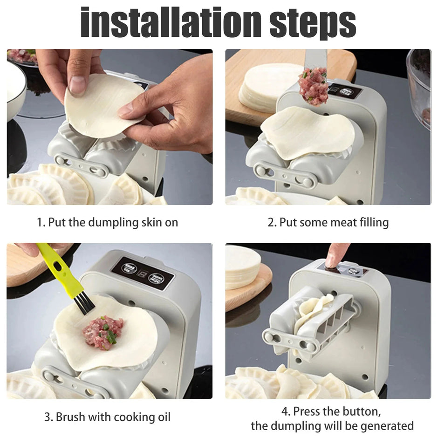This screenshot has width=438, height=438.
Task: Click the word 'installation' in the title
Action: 170,22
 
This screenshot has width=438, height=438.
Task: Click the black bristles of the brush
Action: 84,302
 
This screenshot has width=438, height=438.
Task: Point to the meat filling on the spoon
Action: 314,87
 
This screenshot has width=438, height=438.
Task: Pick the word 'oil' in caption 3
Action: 162,417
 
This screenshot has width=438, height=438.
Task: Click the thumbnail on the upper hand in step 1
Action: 78,85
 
